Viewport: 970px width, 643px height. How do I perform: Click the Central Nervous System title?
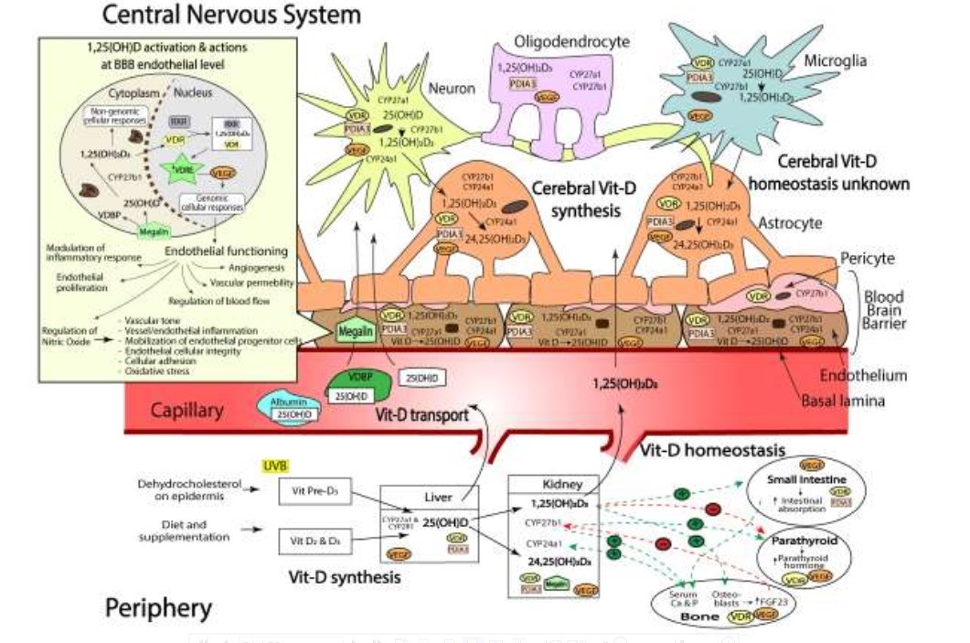[x=231, y=15]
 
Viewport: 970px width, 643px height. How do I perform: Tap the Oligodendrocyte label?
[x=560, y=40]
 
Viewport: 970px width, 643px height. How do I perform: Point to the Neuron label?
[x=455, y=88]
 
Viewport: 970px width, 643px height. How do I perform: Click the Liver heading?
[x=438, y=497]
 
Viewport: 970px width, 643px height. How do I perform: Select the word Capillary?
[x=187, y=409]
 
